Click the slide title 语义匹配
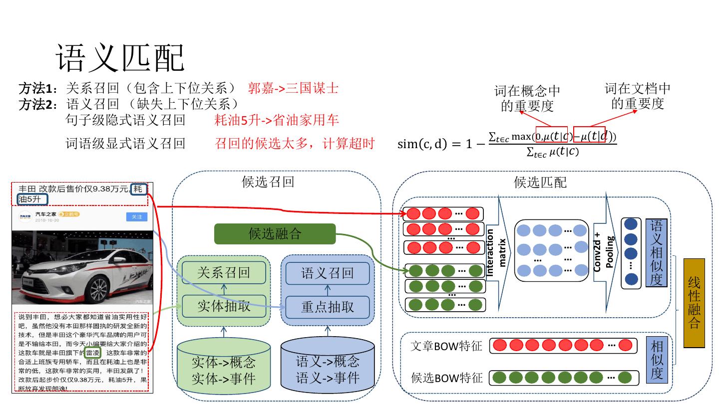(x=120, y=58)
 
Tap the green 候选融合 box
(x=275, y=234)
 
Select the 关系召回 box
(x=224, y=273)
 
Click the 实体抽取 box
(x=224, y=306)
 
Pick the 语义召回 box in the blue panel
(x=328, y=273)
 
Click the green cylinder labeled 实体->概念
(x=224, y=369)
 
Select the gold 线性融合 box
(x=694, y=303)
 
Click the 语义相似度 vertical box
(x=656, y=253)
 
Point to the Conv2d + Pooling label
(x=603, y=252)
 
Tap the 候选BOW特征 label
(x=446, y=378)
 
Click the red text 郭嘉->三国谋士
(x=293, y=89)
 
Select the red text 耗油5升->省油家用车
(x=277, y=120)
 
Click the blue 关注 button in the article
(x=137, y=217)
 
